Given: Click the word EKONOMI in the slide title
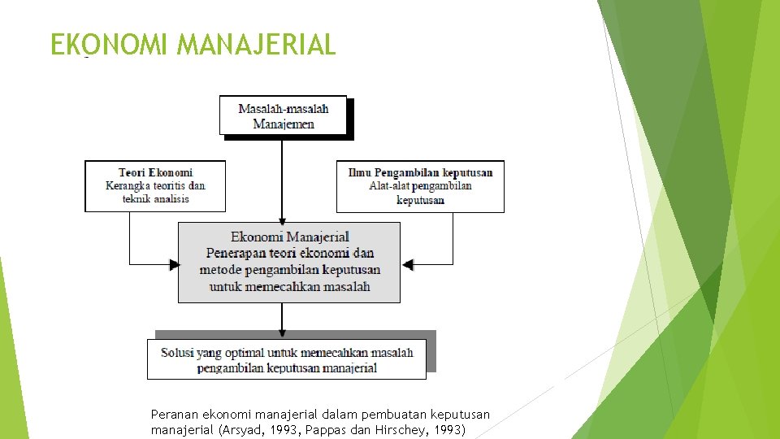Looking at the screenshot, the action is click(110, 44).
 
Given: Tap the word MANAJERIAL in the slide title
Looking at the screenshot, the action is click(256, 44).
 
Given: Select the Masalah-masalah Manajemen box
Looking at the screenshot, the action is click(283, 115).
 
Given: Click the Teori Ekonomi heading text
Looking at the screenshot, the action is click(155, 172).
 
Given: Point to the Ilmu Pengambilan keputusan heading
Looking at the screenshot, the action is click(420, 172).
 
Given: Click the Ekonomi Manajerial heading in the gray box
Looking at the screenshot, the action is click(289, 237).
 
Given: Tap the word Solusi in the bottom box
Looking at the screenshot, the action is click(177, 353).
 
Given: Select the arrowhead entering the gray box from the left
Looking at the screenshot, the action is click(174, 264).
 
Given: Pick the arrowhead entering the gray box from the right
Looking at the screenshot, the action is click(408, 264).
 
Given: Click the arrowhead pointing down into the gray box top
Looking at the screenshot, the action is click(282, 219).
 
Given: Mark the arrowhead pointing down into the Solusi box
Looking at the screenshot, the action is click(282, 334).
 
